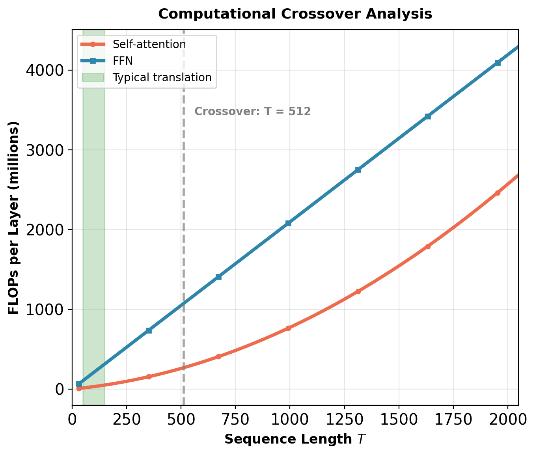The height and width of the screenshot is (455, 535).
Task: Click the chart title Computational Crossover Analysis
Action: pos(295,14)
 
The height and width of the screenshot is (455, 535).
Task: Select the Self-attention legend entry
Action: pos(149,44)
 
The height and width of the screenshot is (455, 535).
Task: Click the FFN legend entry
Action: pos(123,61)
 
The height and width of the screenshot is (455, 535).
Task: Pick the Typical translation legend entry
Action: pos(162,77)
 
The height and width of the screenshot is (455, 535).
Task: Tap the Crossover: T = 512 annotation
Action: pos(253,112)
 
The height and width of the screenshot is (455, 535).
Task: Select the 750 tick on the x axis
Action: pos(235,420)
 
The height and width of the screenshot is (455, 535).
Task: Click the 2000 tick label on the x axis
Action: pos(507,420)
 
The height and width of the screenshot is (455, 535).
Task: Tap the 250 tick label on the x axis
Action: pos(126,420)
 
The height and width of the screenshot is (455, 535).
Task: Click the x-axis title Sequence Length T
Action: pos(295,439)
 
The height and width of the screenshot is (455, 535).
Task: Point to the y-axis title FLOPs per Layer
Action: pos(13,218)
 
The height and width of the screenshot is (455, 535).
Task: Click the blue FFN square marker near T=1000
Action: pos(288,223)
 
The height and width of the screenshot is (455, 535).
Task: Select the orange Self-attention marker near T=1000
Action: pos(288,328)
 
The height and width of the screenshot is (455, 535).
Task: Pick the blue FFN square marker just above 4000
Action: pos(498,63)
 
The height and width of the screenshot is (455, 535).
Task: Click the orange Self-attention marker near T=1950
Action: pos(498,193)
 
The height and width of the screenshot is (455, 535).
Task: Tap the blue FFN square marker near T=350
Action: pos(149,330)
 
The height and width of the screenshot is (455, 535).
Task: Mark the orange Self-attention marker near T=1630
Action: pos(428,246)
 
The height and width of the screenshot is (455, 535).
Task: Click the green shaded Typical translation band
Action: pos(94,237)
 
